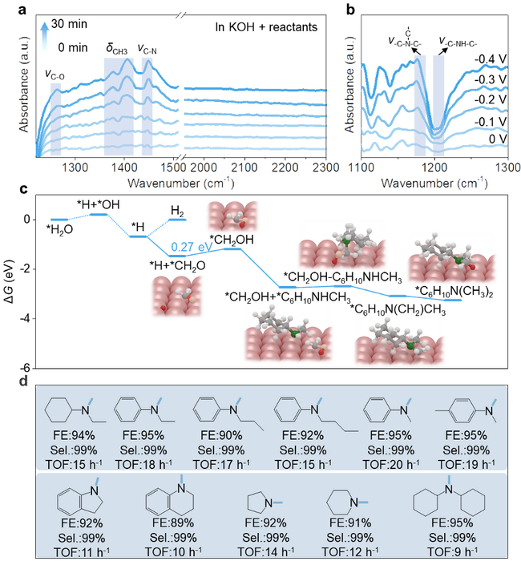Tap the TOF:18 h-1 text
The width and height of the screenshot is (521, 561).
(144, 463)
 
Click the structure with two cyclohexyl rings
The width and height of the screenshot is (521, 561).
(452, 501)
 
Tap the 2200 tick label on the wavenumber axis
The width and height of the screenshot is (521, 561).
(285, 167)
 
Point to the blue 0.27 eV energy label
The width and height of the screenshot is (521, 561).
(191, 244)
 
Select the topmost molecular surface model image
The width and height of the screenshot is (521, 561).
(232, 219)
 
